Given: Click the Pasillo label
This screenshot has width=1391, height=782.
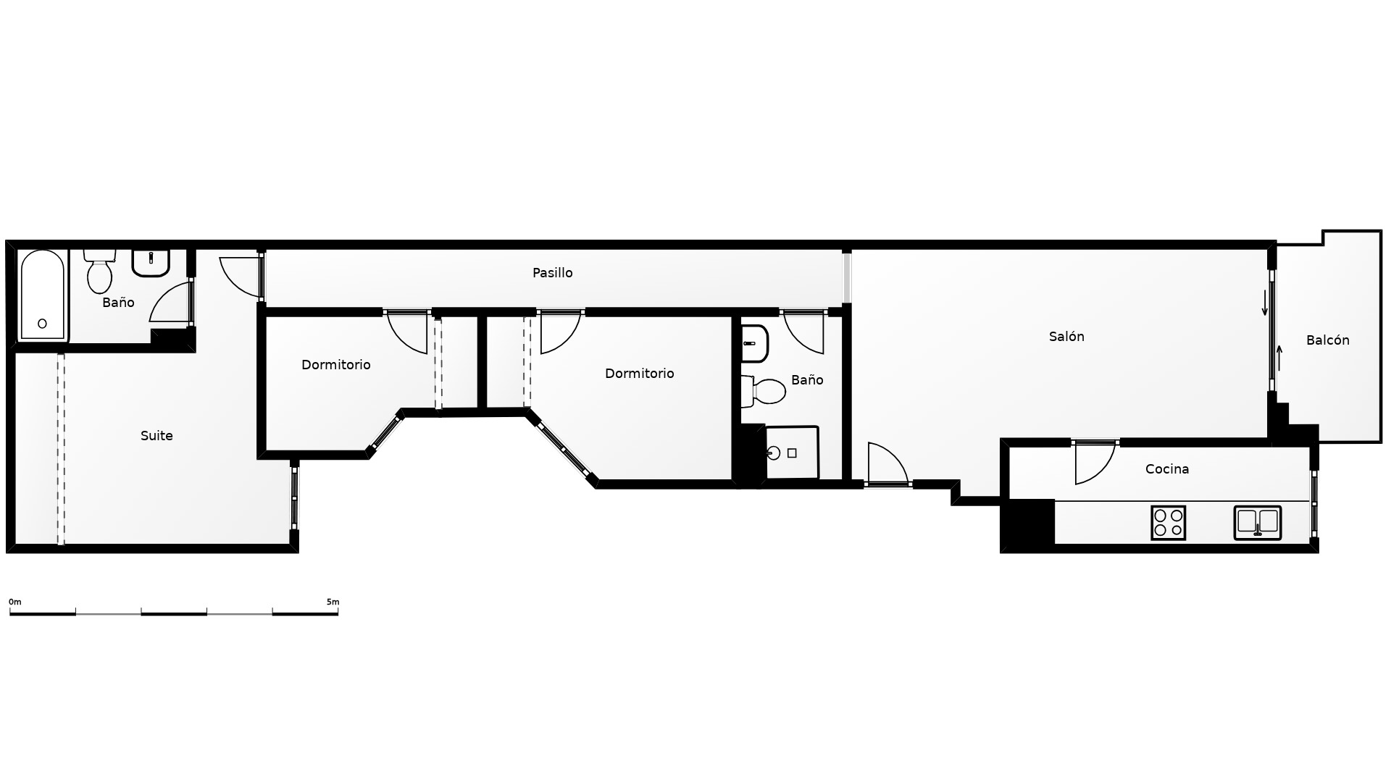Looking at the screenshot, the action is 552,273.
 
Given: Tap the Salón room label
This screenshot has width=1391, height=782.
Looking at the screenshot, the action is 1066,336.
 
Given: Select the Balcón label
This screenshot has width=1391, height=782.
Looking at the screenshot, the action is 1327,340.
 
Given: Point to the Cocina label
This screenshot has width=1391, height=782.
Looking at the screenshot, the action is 1166,469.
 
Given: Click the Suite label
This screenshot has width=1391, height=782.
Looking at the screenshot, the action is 156,436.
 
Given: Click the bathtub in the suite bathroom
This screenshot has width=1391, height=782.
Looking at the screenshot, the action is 42,295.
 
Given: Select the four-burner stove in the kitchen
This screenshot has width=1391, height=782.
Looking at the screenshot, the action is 1168,523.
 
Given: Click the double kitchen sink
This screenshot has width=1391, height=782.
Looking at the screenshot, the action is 1258,523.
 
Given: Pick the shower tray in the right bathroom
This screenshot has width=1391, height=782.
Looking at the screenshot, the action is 792,453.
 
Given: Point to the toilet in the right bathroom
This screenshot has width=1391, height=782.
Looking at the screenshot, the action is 764,392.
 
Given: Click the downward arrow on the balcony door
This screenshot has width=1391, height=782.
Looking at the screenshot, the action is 1265,303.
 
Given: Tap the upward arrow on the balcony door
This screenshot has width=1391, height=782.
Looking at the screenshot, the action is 1279,358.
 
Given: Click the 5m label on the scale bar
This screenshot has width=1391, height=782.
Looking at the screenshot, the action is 333,602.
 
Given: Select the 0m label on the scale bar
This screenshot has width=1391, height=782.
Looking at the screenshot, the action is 15,602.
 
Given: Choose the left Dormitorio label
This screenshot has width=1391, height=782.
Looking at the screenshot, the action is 336,365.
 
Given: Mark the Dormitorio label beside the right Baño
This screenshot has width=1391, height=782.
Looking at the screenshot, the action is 639,374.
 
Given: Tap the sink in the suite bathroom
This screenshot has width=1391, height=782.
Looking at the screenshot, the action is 151,264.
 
